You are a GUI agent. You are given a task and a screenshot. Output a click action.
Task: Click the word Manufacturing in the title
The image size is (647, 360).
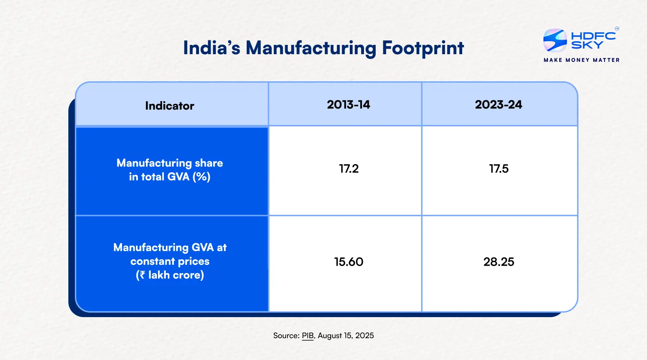coord(311,48)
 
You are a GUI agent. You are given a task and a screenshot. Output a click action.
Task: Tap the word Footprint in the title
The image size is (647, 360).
coord(423,48)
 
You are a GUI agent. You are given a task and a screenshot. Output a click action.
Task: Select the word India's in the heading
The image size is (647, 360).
coord(211,48)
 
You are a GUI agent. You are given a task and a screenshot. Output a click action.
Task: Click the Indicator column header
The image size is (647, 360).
coord(169,106)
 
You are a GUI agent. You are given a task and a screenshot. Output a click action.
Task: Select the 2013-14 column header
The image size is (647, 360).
coord(348,105)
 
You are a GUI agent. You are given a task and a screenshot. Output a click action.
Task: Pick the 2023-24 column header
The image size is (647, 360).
coord(498,105)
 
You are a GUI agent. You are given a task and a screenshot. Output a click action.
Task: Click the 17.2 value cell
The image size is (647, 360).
coord(349,169)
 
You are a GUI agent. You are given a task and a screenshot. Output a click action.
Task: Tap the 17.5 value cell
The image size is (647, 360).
coord(499,169)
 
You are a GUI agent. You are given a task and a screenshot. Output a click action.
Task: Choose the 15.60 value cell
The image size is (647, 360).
coord(349,262)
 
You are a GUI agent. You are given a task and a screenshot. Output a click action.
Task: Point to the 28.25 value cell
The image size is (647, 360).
coord(499,262)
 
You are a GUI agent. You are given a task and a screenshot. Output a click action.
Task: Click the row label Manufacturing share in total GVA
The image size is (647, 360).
coord(169,169)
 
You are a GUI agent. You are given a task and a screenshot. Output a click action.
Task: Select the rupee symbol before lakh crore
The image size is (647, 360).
coord(142,275)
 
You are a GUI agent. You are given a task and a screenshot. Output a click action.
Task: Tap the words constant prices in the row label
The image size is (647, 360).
coord(169,261)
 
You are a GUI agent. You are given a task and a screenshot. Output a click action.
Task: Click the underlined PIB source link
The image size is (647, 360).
coord(308,336)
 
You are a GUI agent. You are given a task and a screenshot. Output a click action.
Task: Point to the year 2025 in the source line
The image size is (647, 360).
coord(364,336)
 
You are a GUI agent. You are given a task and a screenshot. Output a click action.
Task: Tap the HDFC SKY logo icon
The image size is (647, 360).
coord(555,40)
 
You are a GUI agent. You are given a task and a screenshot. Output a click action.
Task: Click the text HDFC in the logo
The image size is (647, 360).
coord(593,36)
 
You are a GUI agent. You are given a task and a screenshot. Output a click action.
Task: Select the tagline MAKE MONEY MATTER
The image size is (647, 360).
coord(581,60)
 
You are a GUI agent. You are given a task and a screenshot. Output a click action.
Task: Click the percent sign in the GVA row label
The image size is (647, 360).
coord(201,177)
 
